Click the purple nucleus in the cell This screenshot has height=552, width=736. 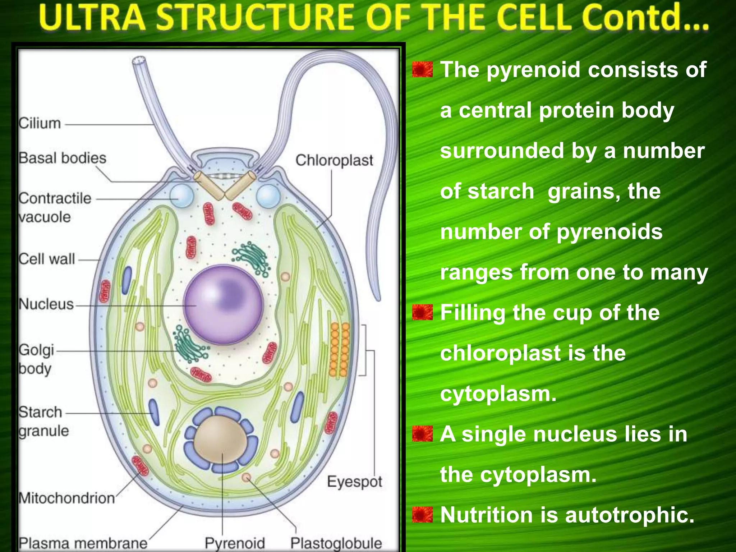pos(224,305)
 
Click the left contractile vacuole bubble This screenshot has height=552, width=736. pos(182,197)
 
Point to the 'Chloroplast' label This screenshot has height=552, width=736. pos(334,160)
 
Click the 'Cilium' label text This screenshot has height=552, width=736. pos(40,123)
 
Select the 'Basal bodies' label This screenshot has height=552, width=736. pos(63,158)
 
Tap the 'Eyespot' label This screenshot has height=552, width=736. pos(354,482)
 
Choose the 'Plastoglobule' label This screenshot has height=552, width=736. pos(336,543)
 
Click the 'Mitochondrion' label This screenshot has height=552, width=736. pos(67,498)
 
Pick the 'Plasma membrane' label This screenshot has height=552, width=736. pos(83,543)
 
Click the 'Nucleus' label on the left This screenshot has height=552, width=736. pos(46,304)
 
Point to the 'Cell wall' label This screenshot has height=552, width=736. pos(47,259)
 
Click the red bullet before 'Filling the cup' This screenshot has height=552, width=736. pos(422,312)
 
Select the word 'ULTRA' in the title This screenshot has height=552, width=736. pos(92,17)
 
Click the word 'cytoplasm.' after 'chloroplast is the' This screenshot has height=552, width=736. pos(498,394)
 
